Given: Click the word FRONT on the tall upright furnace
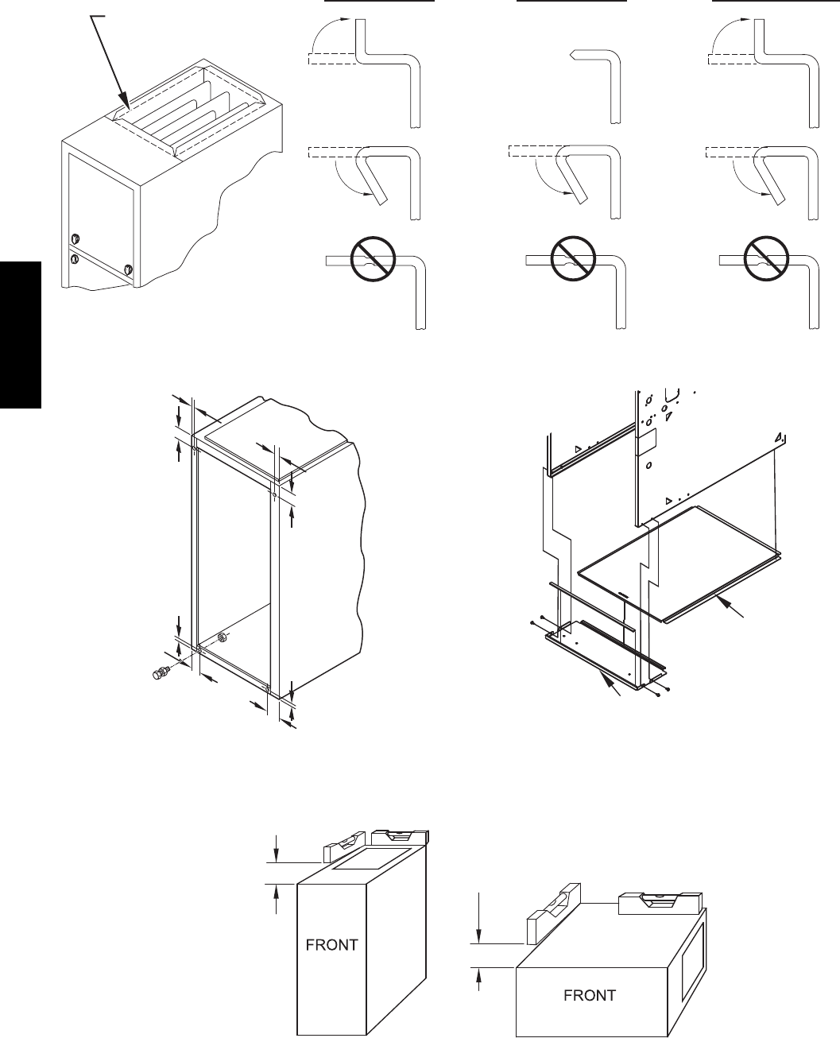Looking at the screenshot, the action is pyautogui.click(x=332, y=945).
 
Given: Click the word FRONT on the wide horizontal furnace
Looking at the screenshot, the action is pyautogui.click(x=589, y=995).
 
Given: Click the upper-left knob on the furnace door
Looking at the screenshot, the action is pyautogui.click(x=75, y=238).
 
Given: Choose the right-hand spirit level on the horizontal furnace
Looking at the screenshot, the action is pyautogui.click(x=659, y=902).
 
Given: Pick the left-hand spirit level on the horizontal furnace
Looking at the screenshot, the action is pyautogui.click(x=550, y=912).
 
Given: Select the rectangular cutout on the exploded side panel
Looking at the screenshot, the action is pyautogui.click(x=648, y=436).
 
